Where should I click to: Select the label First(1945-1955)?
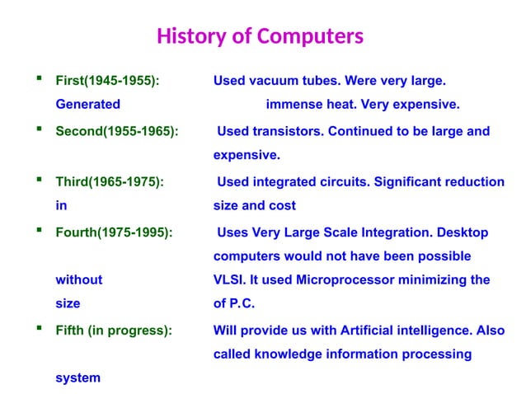107,82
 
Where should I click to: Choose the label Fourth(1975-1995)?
114,232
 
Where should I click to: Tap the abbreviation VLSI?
228,280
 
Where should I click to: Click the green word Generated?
87,105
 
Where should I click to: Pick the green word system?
77,378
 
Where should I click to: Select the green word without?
78,280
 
